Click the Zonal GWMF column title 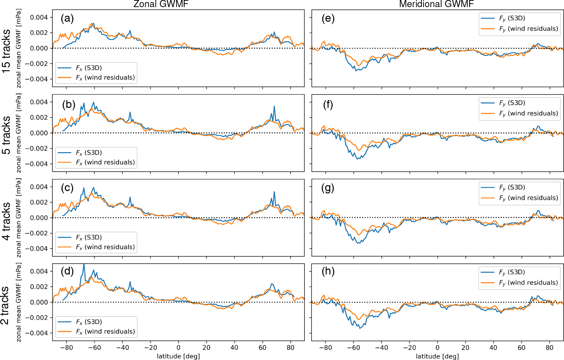161,4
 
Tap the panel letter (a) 67,19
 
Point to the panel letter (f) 328,105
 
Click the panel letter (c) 67,188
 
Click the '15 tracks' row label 6,50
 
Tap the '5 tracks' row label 6,135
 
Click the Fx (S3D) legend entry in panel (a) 89,68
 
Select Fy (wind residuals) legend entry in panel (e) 528,29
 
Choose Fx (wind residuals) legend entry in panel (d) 105,332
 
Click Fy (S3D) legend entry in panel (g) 512,188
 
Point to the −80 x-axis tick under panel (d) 66,348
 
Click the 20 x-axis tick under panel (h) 465,348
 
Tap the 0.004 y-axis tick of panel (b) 39,102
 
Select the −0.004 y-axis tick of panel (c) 37,249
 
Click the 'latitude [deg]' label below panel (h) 437,356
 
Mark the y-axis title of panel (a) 19,48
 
